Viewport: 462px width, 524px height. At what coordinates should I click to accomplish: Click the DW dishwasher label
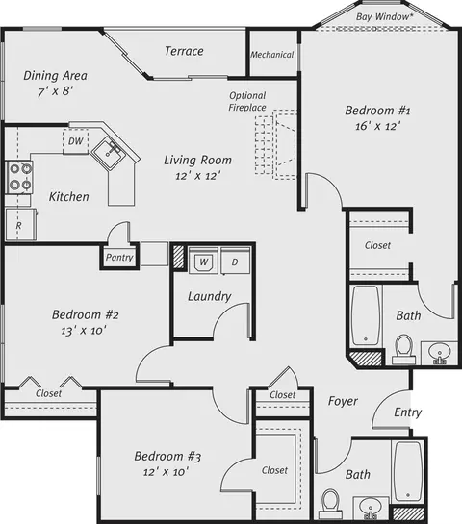(76, 141)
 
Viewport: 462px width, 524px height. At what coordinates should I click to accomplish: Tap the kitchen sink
(109, 154)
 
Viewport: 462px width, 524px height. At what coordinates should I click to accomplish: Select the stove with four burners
(19, 177)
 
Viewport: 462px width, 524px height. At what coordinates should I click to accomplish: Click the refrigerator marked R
(21, 224)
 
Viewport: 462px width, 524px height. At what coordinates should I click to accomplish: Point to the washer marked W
(203, 261)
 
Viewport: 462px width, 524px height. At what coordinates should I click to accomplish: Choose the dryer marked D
(235, 262)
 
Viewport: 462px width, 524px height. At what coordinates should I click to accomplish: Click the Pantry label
(119, 258)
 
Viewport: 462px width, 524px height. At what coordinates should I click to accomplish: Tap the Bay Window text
(382, 16)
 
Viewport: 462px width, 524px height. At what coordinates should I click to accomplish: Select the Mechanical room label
(272, 55)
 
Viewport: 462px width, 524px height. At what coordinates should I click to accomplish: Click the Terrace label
(184, 51)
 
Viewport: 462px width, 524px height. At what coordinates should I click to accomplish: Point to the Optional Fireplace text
(247, 101)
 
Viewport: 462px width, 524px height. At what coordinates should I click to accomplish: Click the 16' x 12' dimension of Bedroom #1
(378, 126)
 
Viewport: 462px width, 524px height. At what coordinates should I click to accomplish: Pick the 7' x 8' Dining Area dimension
(56, 91)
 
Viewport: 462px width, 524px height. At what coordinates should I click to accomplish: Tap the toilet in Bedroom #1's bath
(404, 349)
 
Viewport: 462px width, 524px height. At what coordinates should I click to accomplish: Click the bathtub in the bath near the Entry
(408, 471)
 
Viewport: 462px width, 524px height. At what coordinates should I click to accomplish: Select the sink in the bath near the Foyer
(370, 508)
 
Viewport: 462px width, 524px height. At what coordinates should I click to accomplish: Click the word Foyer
(343, 401)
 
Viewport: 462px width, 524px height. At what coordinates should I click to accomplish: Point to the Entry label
(407, 412)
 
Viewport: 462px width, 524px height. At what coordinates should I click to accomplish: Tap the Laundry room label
(210, 296)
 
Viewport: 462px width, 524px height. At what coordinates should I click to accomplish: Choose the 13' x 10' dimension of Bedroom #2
(84, 331)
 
